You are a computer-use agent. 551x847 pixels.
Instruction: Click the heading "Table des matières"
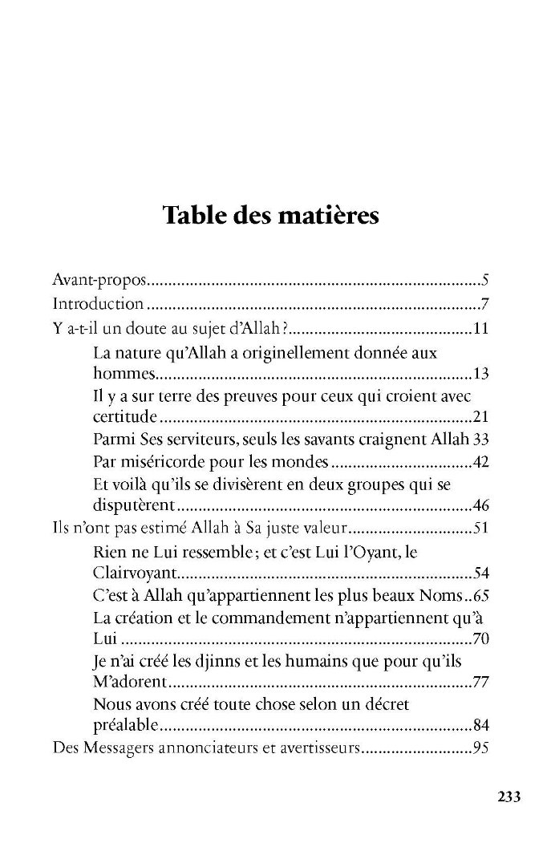click(x=270, y=216)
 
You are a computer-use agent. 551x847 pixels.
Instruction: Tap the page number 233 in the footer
click(x=509, y=796)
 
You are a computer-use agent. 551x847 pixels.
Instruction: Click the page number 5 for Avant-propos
click(x=486, y=282)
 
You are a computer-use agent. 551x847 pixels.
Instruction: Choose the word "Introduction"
click(x=98, y=305)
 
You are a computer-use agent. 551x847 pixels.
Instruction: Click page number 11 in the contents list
click(x=481, y=328)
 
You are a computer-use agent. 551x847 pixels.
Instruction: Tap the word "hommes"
click(x=121, y=374)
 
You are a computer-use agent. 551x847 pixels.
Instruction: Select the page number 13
click(x=481, y=374)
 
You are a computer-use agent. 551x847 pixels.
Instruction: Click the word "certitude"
click(x=125, y=419)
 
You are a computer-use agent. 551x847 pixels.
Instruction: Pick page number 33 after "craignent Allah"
click(x=481, y=442)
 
